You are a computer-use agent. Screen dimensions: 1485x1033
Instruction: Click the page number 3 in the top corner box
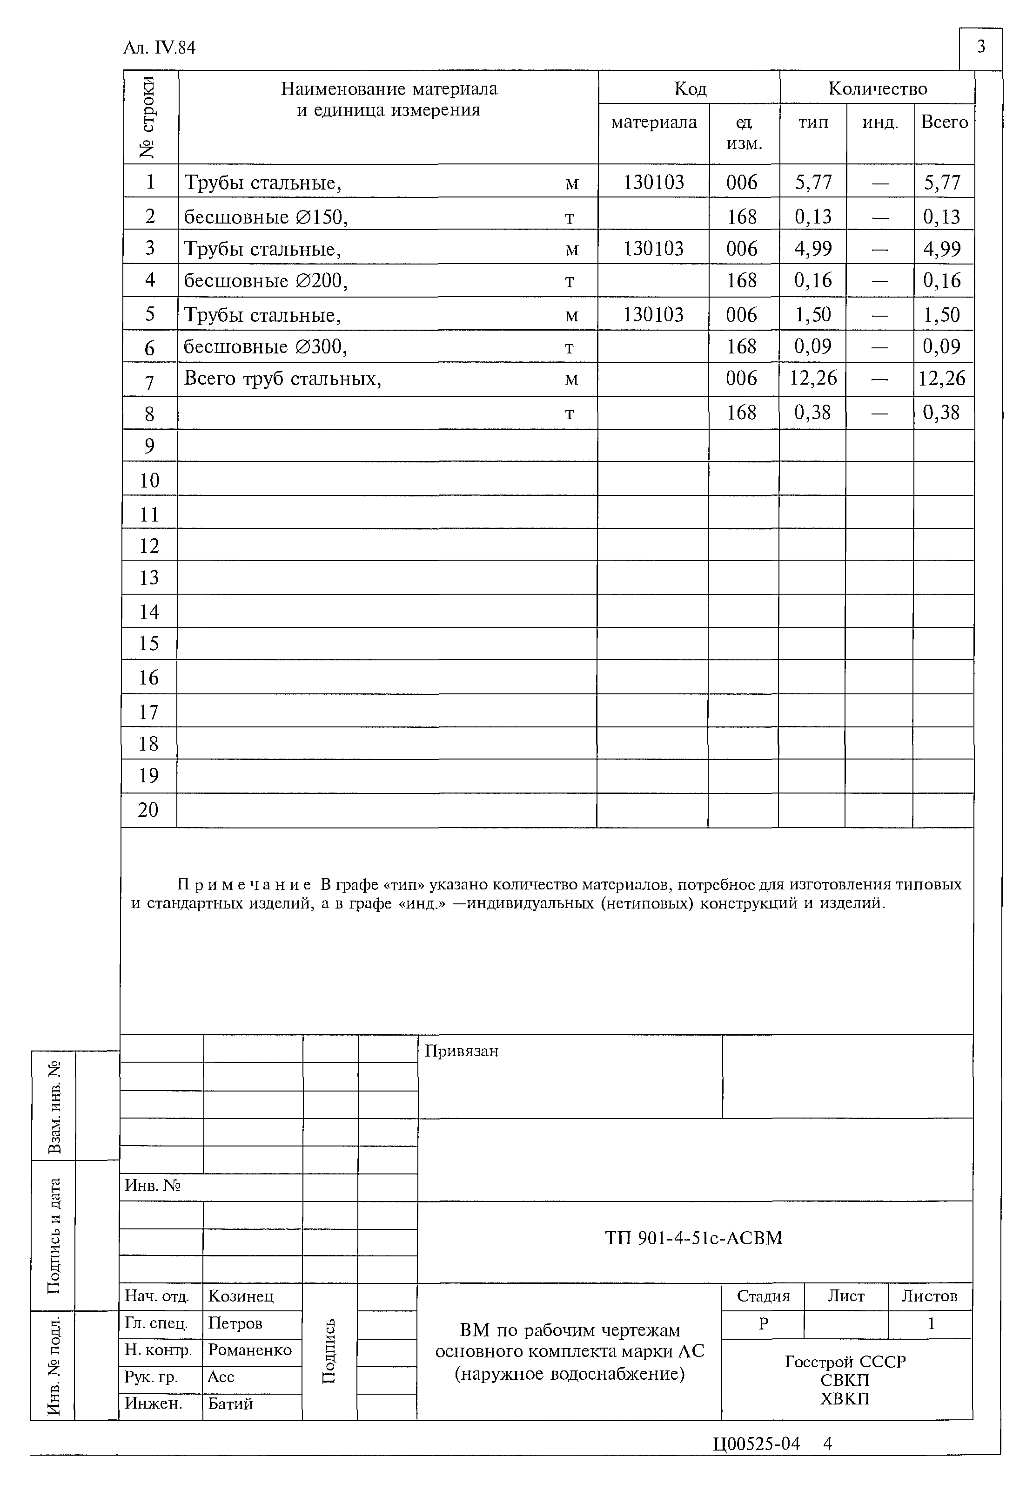tap(980, 47)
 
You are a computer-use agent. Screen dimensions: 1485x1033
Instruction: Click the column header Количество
tap(877, 88)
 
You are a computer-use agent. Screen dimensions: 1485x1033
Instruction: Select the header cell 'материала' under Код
tap(654, 122)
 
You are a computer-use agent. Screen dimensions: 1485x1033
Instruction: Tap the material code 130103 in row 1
tap(654, 183)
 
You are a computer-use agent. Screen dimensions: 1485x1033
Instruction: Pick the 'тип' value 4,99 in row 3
tap(812, 248)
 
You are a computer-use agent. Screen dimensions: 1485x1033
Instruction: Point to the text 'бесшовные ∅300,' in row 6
tap(266, 347)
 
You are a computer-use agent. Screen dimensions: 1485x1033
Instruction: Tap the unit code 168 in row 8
tap(741, 413)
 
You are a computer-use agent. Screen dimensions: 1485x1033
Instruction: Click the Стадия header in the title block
tap(763, 1296)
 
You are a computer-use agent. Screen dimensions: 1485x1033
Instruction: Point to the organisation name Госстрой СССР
tap(845, 1362)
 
